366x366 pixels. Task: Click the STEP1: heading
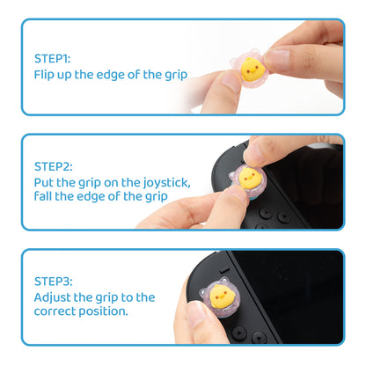tap(54, 57)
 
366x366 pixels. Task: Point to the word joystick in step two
tap(165, 181)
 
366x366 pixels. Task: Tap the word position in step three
tap(105, 311)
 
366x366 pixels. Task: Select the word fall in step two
tap(44, 195)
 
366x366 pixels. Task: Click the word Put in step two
tap(45, 181)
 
